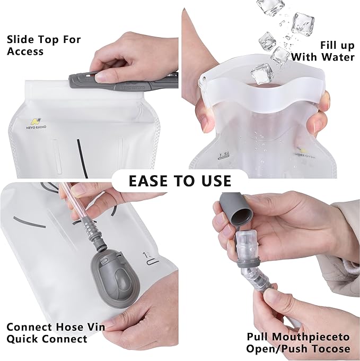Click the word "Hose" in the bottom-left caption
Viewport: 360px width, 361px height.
tap(68, 327)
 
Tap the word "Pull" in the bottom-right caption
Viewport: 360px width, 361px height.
tap(259, 337)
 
